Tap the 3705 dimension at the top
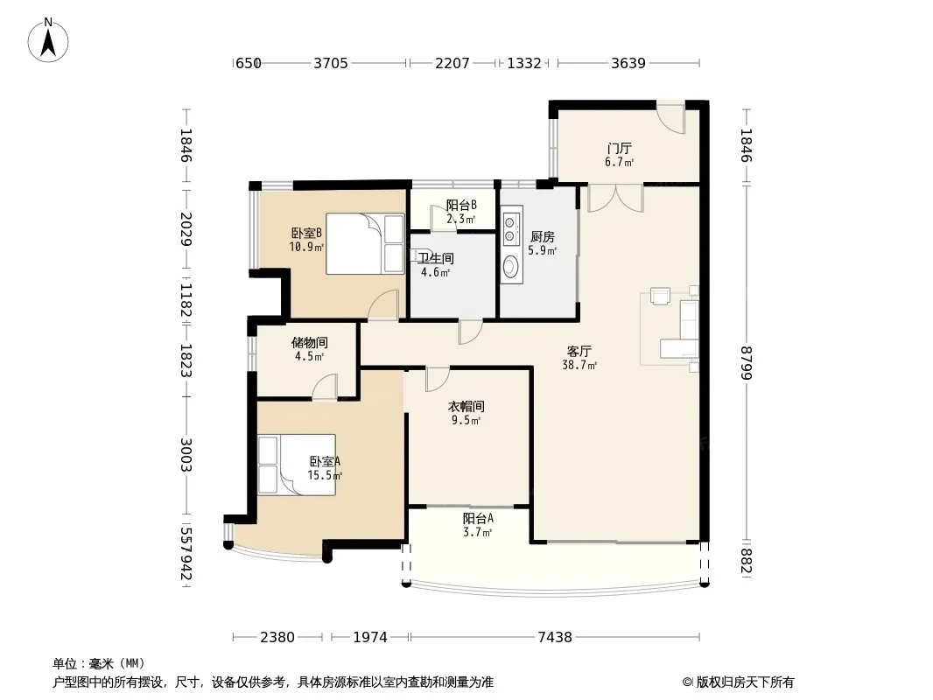[331, 63]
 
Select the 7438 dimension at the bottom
[555, 638]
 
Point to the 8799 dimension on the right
[747, 363]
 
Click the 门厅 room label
[620, 148]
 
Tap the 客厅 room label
[579, 352]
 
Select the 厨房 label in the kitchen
[542, 237]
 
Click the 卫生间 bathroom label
[436, 259]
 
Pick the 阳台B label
[461, 205]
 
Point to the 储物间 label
[310, 343]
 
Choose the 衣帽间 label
[466, 407]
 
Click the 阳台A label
[478, 519]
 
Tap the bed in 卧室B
[365, 244]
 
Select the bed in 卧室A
[297, 465]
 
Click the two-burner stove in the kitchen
[510, 229]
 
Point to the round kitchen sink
[510, 266]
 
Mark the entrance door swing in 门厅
[671, 119]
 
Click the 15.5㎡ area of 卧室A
[325, 475]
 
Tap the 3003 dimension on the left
[186, 455]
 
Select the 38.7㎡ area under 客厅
[579, 365]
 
